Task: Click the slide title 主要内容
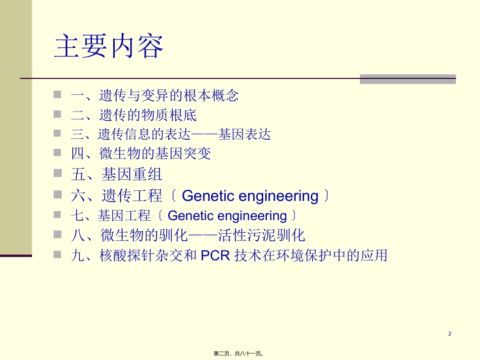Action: (109, 47)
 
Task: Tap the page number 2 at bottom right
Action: (450, 334)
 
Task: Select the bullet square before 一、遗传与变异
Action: (58, 94)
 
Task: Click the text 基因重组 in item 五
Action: (132, 175)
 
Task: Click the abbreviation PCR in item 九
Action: (216, 256)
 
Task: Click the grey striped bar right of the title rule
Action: (407, 79)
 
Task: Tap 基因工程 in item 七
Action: (124, 216)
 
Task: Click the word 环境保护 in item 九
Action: (306, 256)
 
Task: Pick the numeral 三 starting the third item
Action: (77, 134)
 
